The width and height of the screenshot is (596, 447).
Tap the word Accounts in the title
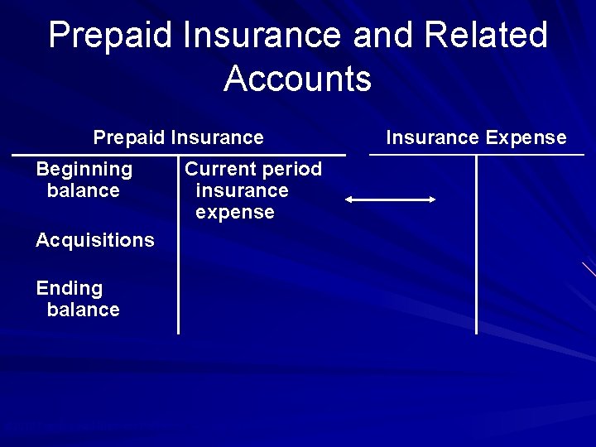[x=297, y=79]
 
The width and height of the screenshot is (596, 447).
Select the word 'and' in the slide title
[x=386, y=36]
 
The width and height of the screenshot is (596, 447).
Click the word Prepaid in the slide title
[x=111, y=36]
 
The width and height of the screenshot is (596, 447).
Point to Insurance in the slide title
[x=262, y=36]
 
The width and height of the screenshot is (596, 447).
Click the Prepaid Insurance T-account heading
[x=178, y=137]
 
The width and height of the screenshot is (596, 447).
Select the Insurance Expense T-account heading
[x=476, y=137]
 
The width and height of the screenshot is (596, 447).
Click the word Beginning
[x=84, y=169]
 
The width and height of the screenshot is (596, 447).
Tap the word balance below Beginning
[x=83, y=190]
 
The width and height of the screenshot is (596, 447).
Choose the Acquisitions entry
[x=94, y=240]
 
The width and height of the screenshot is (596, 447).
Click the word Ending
[x=69, y=288]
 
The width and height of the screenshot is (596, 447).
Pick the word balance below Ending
[x=83, y=310]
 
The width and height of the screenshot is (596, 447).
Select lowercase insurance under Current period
[x=242, y=190]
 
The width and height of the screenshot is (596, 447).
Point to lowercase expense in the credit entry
[x=234, y=212]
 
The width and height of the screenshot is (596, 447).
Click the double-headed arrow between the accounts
[x=390, y=199]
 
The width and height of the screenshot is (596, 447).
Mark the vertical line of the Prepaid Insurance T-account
[x=179, y=248]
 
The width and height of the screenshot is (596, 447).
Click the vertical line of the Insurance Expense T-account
[x=477, y=248]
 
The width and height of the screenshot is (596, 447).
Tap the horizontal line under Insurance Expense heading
[x=476, y=155]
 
